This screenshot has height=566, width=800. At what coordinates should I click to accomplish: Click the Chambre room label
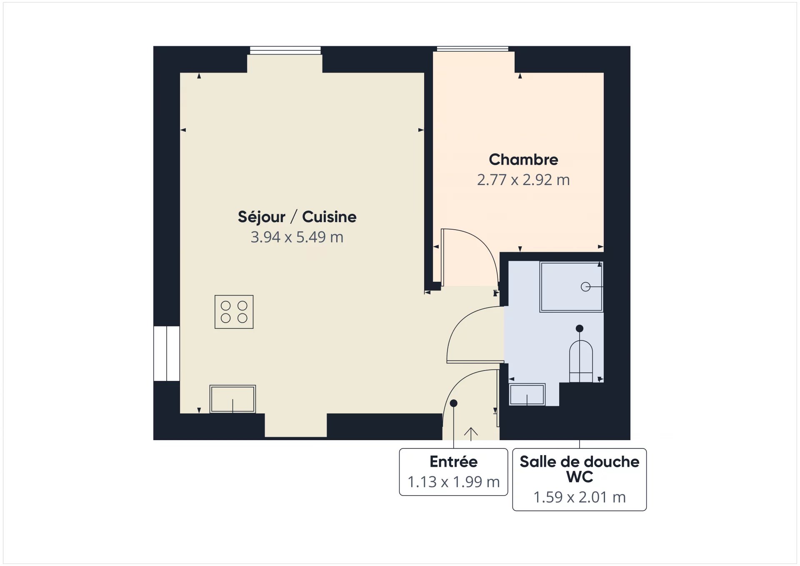523,160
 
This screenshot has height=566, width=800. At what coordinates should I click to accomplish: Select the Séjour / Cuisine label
297,217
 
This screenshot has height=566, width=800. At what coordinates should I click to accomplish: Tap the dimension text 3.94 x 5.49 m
297,237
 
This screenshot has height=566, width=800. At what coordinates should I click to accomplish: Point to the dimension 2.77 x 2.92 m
523,180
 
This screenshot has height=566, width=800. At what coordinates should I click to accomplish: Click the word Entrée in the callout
453,461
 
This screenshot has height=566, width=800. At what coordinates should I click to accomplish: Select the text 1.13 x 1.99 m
453,482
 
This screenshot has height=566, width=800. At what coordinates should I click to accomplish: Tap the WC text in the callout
580,477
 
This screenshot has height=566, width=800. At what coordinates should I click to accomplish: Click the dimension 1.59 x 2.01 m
580,497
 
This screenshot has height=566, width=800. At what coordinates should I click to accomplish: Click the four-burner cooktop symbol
234,312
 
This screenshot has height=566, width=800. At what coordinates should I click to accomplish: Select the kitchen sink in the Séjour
232,399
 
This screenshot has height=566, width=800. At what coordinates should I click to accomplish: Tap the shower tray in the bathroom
571,287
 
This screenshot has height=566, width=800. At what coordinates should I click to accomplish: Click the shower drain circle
585,287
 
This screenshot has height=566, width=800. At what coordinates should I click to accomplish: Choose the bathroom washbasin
527,394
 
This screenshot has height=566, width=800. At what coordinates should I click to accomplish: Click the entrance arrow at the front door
471,434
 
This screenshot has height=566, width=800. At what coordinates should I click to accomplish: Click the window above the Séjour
285,50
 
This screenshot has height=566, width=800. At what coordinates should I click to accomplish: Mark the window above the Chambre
472,49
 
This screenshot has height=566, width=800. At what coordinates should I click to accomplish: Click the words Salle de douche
580,461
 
